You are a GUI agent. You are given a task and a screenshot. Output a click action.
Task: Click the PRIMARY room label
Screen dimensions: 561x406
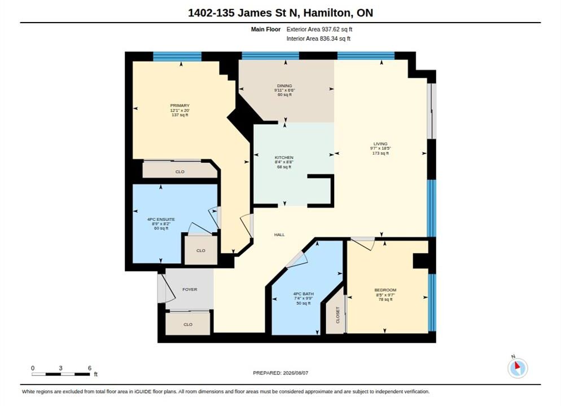pos(179,105)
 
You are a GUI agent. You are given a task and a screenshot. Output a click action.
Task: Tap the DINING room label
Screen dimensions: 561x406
pos(284,86)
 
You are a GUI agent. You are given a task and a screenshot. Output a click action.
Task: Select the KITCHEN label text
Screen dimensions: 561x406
pos(284,158)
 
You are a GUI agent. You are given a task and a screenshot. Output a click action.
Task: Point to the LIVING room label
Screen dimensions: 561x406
pos(380,144)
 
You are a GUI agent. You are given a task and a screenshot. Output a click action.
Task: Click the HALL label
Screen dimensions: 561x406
pos(279,235)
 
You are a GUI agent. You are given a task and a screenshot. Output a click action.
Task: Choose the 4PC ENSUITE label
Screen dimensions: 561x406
pos(161,219)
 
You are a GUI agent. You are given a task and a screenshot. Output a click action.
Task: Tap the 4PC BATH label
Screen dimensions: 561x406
pos(304,294)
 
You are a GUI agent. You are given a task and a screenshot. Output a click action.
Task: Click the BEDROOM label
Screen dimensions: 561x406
pos(385,290)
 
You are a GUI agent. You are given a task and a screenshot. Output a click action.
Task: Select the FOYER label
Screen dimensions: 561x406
pos(190,289)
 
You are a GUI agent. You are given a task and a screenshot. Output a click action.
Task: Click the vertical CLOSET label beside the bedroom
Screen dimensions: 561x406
pos(338,315)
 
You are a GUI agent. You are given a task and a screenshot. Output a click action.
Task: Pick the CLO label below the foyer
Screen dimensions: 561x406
pos(188,324)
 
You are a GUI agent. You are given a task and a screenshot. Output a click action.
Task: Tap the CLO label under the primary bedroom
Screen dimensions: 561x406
pos(180,172)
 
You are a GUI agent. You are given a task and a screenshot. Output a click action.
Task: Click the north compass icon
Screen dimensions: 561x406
pos(518,368)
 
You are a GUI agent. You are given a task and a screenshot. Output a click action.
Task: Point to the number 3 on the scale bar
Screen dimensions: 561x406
pos(61,368)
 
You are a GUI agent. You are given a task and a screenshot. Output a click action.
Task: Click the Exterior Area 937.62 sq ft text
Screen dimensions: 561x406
pos(319,29)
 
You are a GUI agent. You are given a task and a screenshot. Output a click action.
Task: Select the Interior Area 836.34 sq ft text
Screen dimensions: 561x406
pos(318,38)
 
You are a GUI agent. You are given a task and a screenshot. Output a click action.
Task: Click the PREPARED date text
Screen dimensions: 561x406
pos(280,373)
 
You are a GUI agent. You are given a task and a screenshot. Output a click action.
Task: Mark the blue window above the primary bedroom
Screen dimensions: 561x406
pos(177,56)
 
